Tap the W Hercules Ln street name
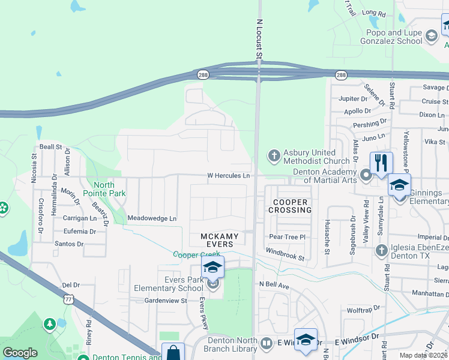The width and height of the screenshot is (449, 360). [229, 175]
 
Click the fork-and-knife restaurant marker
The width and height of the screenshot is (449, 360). [381, 163]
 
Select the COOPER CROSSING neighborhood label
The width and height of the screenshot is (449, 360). [290, 206]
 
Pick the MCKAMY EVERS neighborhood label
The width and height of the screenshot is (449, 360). [220, 241]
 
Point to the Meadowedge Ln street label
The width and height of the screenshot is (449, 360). [152, 218]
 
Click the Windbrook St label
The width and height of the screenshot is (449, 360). [286, 254]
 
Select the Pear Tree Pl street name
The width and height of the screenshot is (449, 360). [288, 237]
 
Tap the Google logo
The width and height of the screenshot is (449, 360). [20, 353]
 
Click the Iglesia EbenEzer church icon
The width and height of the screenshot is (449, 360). [381, 250]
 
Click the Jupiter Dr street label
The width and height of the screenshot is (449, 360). [353, 98]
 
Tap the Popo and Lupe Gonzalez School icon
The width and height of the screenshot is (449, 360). [431, 37]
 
